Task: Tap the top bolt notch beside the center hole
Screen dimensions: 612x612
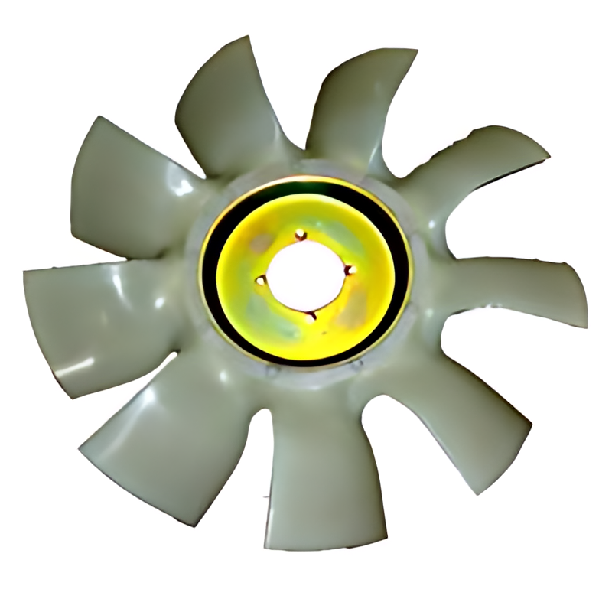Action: tap(301, 234)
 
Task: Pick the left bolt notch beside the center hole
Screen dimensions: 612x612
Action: tap(262, 280)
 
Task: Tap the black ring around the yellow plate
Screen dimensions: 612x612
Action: tap(210, 252)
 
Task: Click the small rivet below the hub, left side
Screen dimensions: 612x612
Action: tap(268, 373)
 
